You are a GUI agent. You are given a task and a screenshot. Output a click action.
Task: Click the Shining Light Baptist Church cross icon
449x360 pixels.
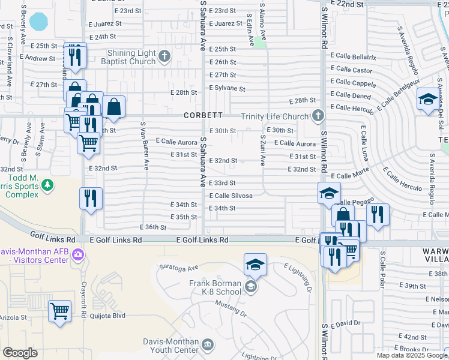(165, 57)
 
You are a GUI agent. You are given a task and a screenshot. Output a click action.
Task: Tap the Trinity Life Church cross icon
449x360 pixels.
(318, 116)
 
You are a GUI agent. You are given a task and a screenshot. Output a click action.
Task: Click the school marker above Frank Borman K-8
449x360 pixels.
(255, 265)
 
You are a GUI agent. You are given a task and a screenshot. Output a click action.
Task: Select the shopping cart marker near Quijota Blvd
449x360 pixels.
(59, 311)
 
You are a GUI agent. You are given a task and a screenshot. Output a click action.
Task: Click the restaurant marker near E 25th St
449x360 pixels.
(75, 56)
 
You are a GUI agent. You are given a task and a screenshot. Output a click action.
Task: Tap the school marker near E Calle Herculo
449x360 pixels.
(428, 100)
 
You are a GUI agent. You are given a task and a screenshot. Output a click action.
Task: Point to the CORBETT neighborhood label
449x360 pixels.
(203, 115)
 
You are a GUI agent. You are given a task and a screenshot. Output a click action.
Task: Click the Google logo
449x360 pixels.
(20, 353)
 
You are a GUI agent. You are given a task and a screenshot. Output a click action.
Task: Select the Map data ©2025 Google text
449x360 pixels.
(412, 355)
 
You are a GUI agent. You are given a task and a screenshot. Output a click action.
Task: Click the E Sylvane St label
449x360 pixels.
(227, 88)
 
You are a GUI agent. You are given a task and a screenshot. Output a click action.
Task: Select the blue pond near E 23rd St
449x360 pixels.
(39, 22)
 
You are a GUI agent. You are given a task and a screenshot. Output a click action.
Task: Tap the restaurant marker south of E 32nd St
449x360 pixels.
(91, 199)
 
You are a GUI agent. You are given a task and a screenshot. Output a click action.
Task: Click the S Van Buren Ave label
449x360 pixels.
(144, 146)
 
